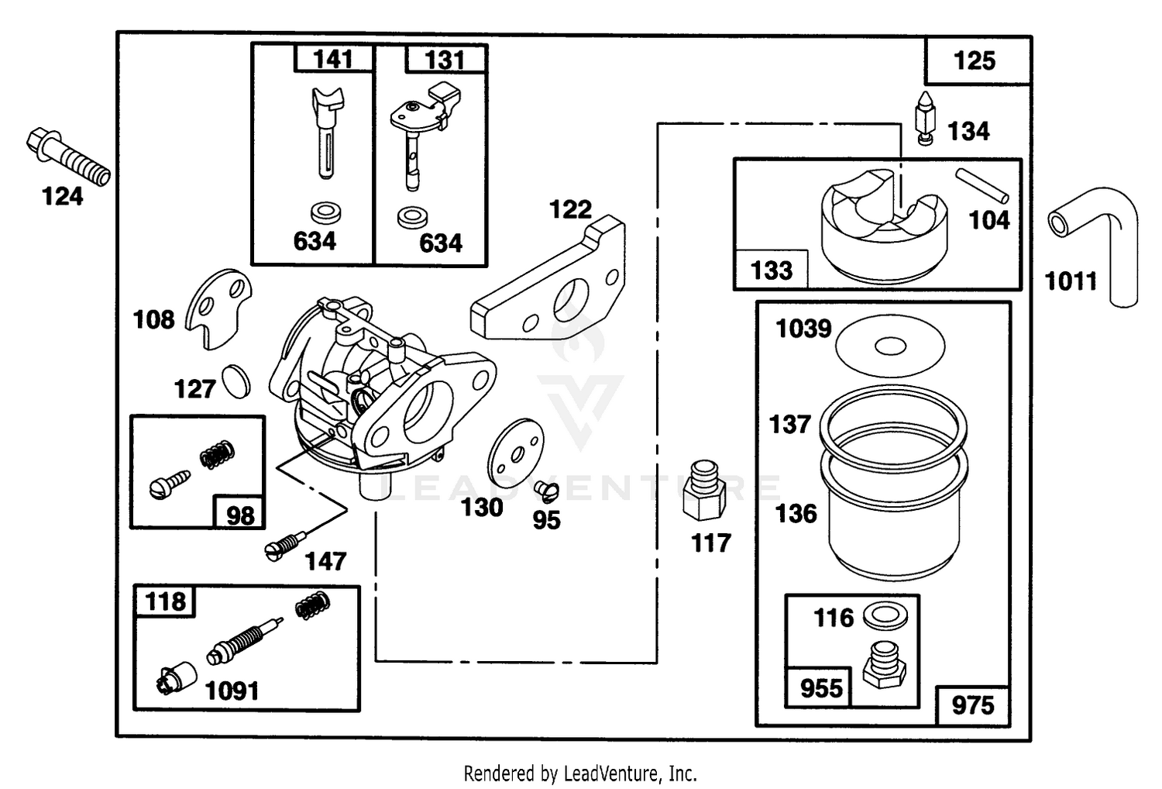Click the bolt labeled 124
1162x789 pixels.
coord(68,157)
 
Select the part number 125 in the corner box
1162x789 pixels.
coord(975,60)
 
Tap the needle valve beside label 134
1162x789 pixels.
coord(926,119)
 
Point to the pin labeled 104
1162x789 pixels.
coord(982,186)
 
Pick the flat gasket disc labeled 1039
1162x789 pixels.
coord(890,346)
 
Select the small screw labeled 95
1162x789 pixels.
coord(547,491)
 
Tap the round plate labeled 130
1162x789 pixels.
coord(516,453)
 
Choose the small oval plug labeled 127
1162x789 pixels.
coord(236,381)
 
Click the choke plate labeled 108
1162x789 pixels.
coord(218,308)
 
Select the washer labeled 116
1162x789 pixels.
coord(885,615)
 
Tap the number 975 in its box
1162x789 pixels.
coord(973,705)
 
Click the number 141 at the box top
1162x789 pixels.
coord(333,59)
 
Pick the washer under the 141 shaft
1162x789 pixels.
coord(326,213)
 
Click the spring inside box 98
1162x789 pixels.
coord(218,455)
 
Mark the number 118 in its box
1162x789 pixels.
coord(165,601)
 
